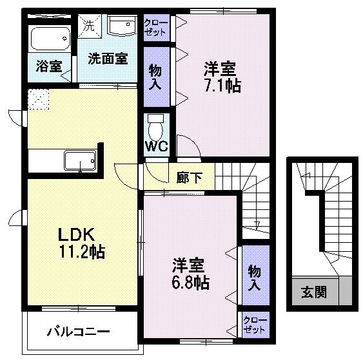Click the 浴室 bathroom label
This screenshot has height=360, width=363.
click(x=49, y=66)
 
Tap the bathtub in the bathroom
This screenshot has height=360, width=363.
click(x=50, y=39)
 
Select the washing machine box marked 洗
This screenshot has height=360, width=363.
click(x=90, y=26)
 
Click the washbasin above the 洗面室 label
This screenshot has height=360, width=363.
click(x=122, y=26)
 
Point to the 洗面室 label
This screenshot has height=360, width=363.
click(x=108, y=59)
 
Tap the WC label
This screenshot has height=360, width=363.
click(x=157, y=146)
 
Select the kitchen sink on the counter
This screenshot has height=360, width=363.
click(x=80, y=160)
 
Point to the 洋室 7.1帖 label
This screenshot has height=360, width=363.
click(x=222, y=77)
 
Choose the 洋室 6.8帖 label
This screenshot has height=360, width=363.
click(x=190, y=274)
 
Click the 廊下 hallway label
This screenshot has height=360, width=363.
click(x=190, y=178)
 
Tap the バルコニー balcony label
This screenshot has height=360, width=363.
click(x=79, y=332)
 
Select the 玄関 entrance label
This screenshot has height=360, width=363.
click(x=314, y=292)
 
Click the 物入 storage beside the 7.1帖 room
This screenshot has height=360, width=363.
click(x=157, y=77)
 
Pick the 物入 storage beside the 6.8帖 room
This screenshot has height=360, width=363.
click(x=256, y=275)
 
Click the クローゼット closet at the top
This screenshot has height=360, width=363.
click(x=157, y=28)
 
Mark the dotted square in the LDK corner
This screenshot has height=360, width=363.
click(x=39, y=99)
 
